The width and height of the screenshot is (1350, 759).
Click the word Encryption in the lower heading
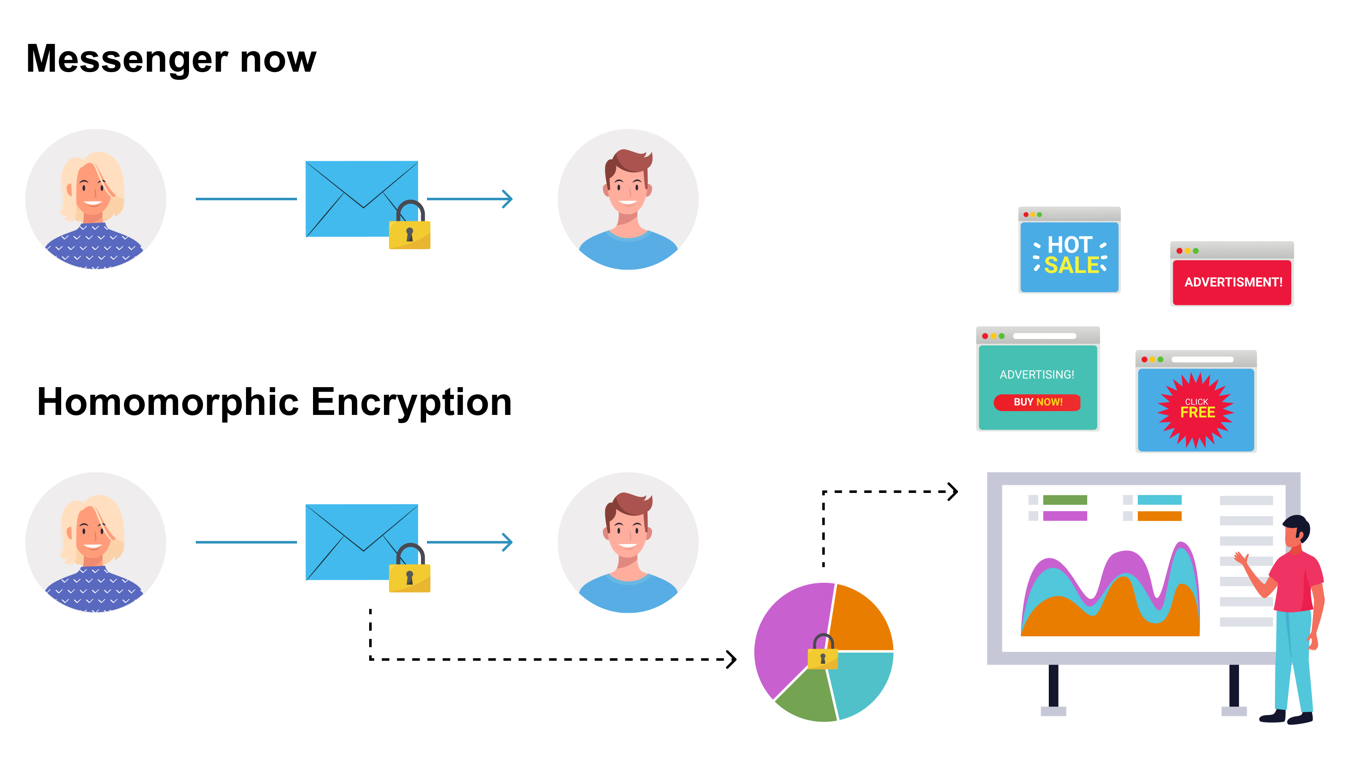(411, 402)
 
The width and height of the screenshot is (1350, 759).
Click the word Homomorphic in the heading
(168, 402)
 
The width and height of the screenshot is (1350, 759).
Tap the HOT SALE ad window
(1069, 256)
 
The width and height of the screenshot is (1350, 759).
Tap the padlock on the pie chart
(823, 653)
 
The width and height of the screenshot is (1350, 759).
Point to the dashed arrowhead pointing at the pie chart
(732, 659)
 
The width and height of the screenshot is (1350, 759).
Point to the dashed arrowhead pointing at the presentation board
(953, 492)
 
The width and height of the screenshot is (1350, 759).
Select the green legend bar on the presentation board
(1065, 500)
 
